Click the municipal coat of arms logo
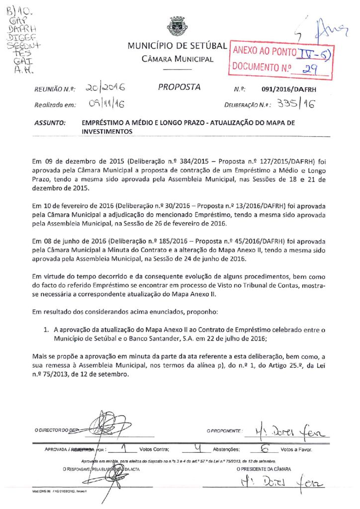tap(177, 26)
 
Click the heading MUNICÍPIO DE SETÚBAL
tap(178, 46)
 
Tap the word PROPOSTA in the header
tap(180, 87)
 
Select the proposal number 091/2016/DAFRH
tap(289, 89)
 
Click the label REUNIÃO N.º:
tap(54, 89)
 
